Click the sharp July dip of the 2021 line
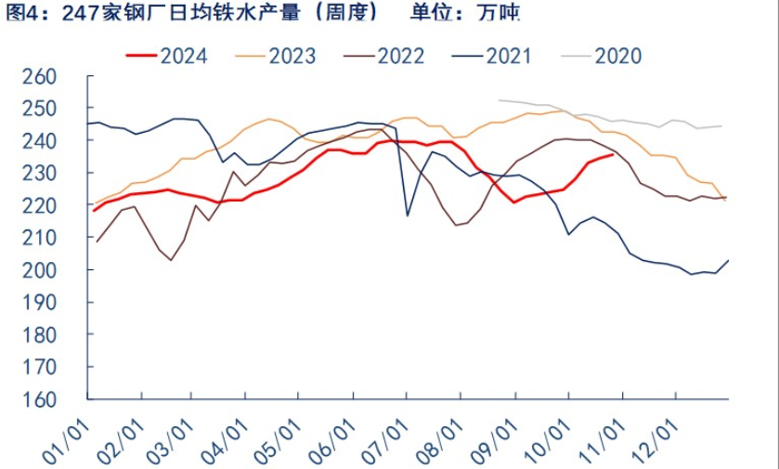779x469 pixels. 407,215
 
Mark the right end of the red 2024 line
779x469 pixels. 613,155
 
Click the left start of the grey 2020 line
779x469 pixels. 500,100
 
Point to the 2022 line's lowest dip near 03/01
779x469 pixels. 171,260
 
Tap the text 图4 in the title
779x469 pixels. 20,14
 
